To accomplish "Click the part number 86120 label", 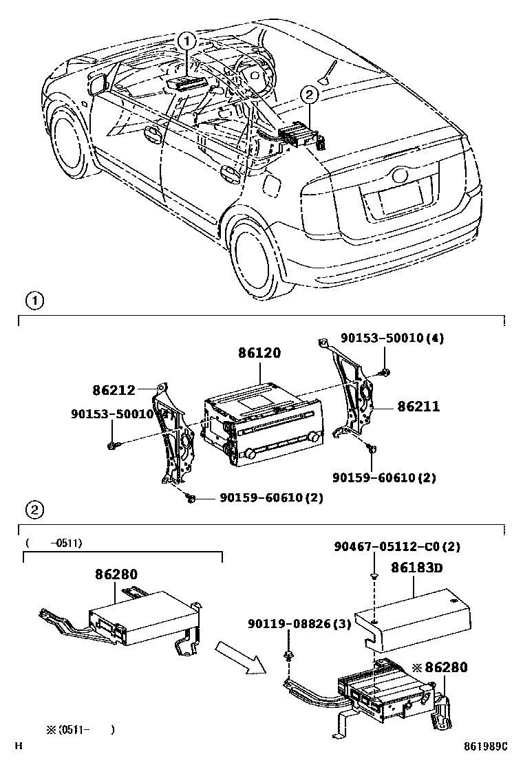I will pos(259,353).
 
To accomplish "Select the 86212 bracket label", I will pos(114,390).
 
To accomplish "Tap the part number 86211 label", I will pos(418,407).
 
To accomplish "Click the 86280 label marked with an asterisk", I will pos(440,667).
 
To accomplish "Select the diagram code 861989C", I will pos(484,746).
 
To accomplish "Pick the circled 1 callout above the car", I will pos(187,41).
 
